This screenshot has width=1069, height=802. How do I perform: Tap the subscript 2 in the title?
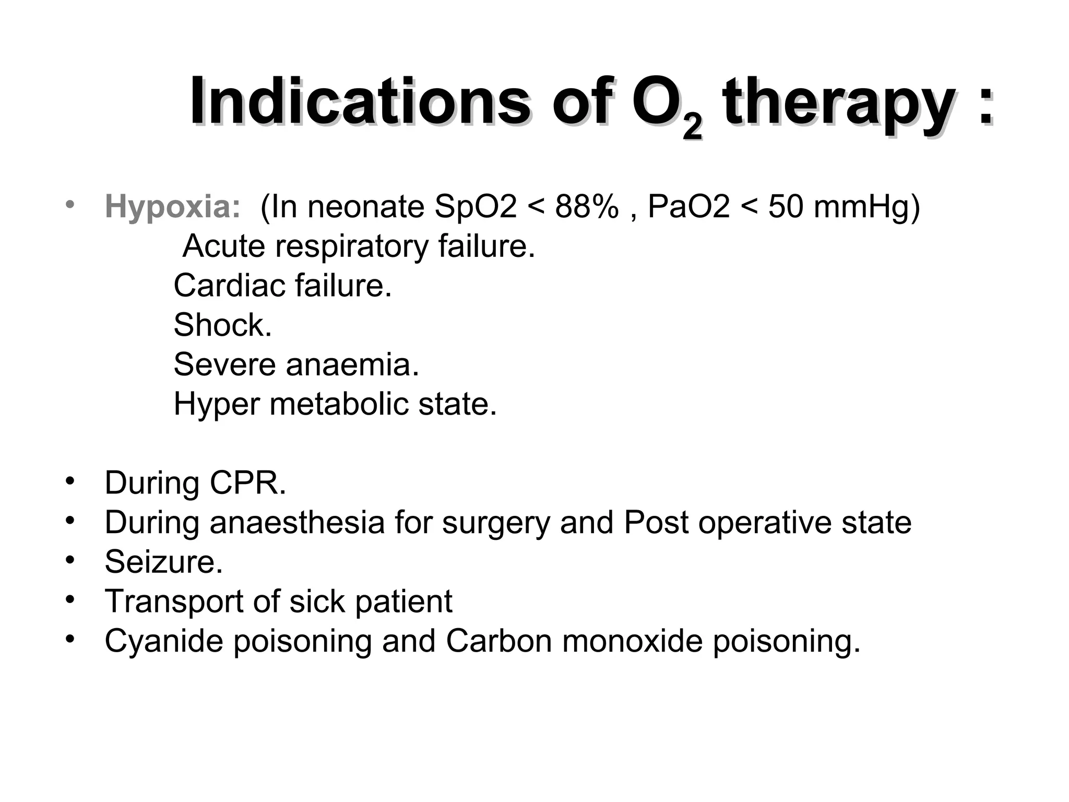(692, 127)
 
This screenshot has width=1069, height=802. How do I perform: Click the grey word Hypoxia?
(172, 207)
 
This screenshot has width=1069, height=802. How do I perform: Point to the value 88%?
(586, 207)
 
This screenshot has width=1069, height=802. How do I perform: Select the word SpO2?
(475, 207)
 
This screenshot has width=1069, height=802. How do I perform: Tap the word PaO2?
(688, 207)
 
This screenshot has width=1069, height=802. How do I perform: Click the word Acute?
(224, 246)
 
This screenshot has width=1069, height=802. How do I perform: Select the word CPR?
(248, 483)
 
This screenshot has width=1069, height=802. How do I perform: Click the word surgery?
(495, 523)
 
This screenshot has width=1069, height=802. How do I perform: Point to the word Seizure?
(163, 562)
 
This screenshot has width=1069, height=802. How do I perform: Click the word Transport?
(174, 601)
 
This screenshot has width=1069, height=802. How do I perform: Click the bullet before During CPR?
(70, 481)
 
